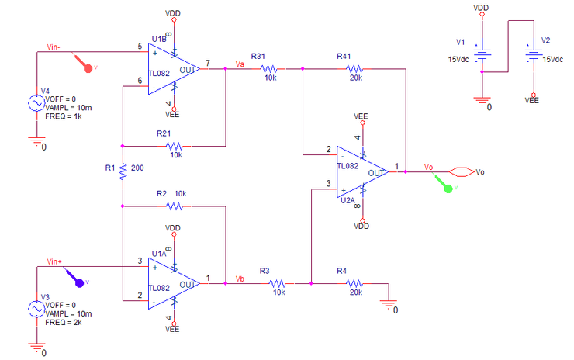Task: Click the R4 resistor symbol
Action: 354,283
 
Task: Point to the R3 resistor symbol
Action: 278,283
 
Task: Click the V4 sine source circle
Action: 36,102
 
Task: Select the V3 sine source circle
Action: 36,309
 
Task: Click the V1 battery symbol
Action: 482,54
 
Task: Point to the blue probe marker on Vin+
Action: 75,276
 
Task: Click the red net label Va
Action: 240,64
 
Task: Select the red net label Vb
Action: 240,278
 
